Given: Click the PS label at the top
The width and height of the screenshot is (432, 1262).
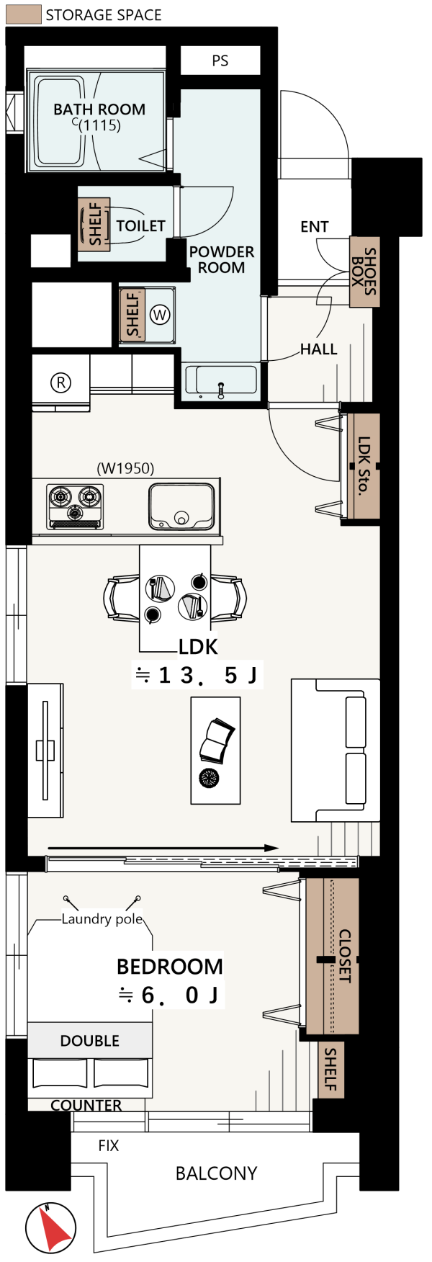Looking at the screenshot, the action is pos(220,61).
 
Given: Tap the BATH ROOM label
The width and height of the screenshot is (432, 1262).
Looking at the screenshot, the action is pos(99,109).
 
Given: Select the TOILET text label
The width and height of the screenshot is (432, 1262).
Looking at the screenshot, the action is pos(141,226).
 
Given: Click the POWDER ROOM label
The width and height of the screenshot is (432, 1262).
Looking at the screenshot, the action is pos(222,259).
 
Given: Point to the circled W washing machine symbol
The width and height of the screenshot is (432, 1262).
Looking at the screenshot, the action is pos(160,315).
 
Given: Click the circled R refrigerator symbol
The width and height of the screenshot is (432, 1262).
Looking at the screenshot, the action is pos(60,382).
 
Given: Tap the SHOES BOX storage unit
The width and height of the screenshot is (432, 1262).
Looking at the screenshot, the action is pos(364,272).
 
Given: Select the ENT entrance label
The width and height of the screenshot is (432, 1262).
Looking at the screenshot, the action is pos(315,227).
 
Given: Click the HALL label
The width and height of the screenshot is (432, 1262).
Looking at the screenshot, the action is pos(319,349).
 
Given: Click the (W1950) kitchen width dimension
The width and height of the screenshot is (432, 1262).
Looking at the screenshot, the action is pos(126,468).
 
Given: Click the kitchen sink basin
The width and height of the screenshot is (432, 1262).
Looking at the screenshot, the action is pos(181,506).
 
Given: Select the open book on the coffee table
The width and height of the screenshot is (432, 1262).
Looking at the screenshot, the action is pos(217,740).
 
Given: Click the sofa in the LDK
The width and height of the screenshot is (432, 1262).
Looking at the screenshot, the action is pos(336,750).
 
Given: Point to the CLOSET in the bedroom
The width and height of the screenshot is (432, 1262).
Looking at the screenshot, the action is pos(332,955).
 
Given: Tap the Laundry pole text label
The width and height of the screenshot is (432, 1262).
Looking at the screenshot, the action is pos(102,919).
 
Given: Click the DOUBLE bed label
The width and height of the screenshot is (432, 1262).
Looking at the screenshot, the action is pos(90,1041).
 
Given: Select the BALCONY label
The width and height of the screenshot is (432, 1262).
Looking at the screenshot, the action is pos(216,1173).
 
